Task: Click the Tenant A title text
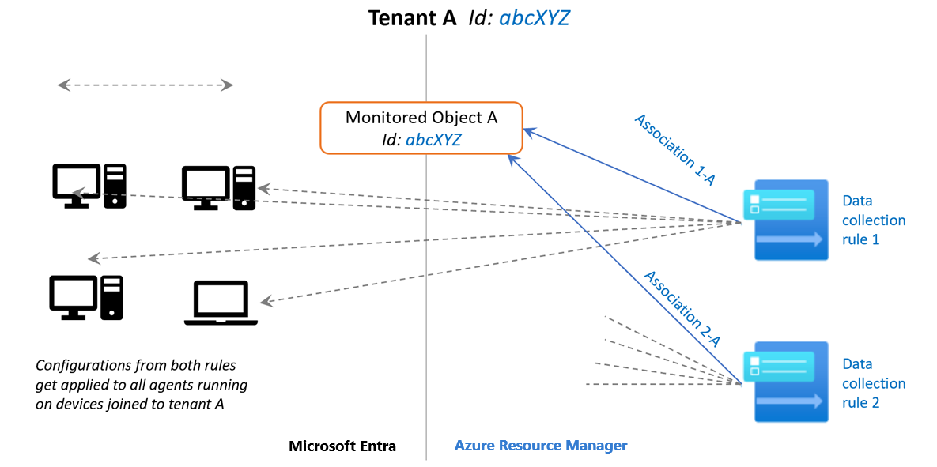[412, 18]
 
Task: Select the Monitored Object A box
[421, 127]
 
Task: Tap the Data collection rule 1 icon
[786, 220]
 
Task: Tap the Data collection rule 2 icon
[786, 382]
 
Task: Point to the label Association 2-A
[682, 309]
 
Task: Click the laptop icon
[221, 303]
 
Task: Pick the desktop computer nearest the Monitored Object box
[218, 187]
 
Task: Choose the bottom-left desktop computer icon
[86, 297]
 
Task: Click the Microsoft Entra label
[342, 446]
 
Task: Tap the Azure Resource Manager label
[541, 446]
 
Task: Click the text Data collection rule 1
[873, 220]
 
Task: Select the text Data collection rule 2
[873, 383]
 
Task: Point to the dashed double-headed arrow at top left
[145, 85]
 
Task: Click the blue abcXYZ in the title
[534, 18]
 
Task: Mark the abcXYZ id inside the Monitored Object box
[433, 140]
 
